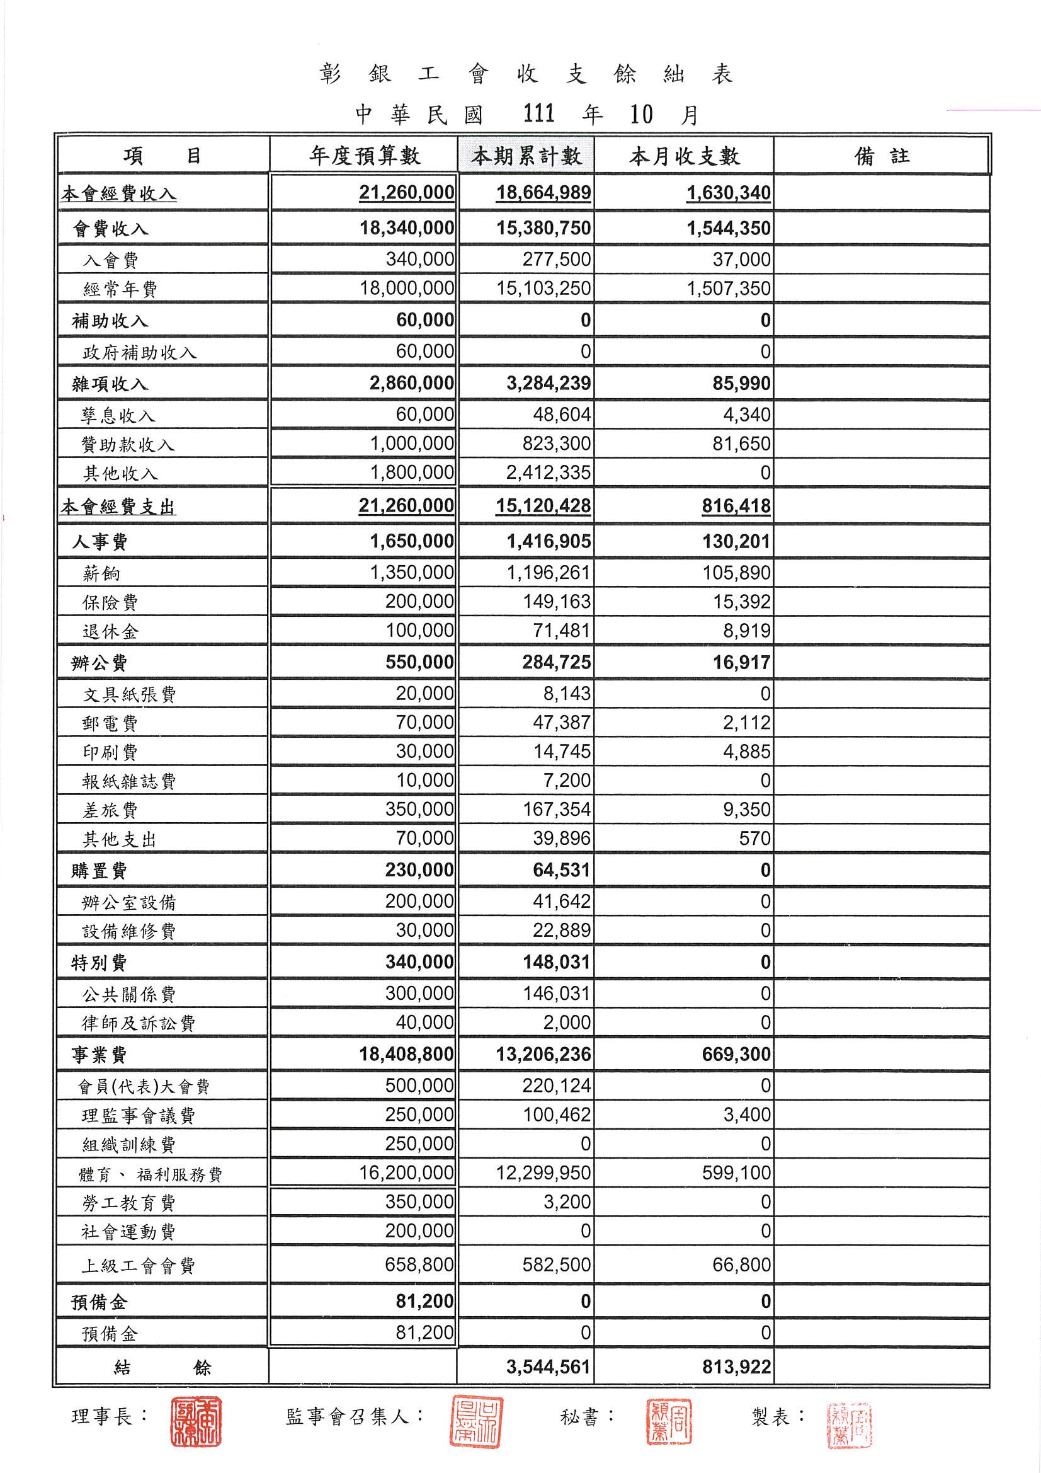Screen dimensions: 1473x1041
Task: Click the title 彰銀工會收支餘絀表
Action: (x=526, y=75)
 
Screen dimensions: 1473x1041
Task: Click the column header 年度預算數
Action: (x=364, y=155)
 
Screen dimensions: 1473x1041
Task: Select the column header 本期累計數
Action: (x=526, y=155)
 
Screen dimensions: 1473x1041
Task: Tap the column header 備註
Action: (x=882, y=155)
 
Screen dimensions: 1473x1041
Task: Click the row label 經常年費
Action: (x=120, y=289)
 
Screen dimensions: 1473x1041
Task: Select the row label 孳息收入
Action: (x=118, y=416)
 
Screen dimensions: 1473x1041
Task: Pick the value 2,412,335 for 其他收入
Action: (x=549, y=473)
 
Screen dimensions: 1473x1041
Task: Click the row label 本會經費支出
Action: (x=118, y=507)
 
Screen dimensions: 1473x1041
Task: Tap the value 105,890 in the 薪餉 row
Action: (x=736, y=572)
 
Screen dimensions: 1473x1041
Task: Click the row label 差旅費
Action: (x=110, y=810)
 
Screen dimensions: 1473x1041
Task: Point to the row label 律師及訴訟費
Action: (x=138, y=1023)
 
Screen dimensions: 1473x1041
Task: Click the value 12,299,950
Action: (x=543, y=1172)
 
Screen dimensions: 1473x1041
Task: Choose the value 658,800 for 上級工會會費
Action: (x=419, y=1264)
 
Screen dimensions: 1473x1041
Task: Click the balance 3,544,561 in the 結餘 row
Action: (x=548, y=1367)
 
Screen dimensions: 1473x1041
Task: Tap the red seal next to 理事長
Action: (x=196, y=1421)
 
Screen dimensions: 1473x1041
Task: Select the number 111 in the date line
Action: (x=539, y=114)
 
